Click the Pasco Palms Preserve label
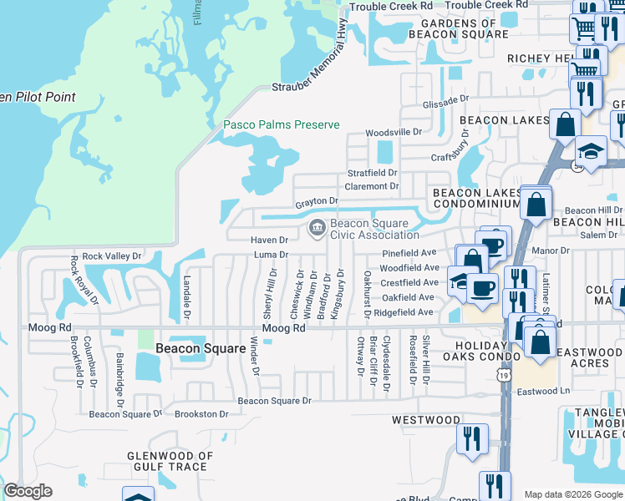pos(281,124)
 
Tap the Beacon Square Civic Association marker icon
pos(318,227)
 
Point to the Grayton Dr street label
pos(316,201)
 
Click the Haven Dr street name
pos(270,240)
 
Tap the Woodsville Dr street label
pos(394,132)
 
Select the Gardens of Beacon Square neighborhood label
pos(458,28)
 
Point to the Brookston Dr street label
pos(201,413)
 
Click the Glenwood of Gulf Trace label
pos(167,461)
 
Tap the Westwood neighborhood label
pos(423,420)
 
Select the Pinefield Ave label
pos(409,252)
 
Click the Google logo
pos(28,491)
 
